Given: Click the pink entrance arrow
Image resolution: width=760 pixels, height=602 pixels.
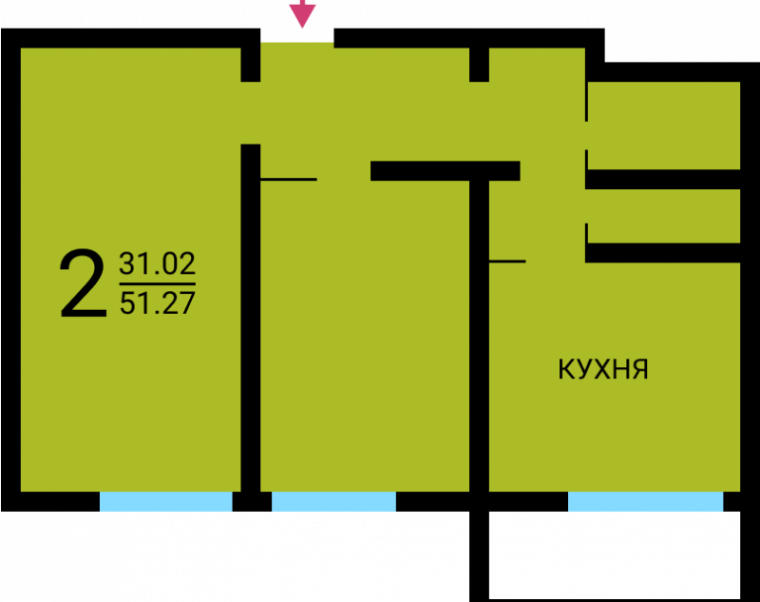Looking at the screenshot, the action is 302,13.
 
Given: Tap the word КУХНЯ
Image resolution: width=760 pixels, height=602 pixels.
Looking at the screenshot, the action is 603,369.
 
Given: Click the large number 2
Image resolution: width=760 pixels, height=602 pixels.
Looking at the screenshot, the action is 83,283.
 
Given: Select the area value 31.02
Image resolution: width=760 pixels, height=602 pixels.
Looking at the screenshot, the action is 157,263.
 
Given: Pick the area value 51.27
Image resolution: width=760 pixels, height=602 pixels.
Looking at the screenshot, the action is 157,303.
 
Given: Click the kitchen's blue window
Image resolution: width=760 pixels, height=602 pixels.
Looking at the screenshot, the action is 645,501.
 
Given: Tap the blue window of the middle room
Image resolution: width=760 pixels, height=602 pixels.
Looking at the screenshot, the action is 333,501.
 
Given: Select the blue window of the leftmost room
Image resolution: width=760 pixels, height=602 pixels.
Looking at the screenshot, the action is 165,501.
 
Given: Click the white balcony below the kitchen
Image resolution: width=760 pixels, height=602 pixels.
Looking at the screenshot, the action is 614,555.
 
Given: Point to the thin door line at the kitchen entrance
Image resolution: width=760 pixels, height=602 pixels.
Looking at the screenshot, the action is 507,262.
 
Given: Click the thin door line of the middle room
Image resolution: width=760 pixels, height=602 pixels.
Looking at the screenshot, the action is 289,180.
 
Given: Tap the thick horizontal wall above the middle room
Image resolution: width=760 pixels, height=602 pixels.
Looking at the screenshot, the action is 446,171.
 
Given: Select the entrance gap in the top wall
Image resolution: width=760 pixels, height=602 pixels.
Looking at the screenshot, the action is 297,35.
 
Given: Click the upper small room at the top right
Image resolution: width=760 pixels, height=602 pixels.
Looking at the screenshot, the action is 664,126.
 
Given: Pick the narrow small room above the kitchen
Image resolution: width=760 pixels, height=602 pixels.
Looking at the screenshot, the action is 664,216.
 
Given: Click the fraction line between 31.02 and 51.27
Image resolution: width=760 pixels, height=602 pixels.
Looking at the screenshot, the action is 157,283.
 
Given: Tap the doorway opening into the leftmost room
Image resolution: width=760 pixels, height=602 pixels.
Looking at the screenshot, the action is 251,113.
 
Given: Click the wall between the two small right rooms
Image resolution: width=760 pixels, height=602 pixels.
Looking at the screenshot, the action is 662,180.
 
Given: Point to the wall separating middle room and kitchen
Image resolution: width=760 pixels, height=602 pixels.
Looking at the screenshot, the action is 479,336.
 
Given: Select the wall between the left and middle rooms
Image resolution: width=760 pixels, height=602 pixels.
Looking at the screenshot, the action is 251,318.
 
